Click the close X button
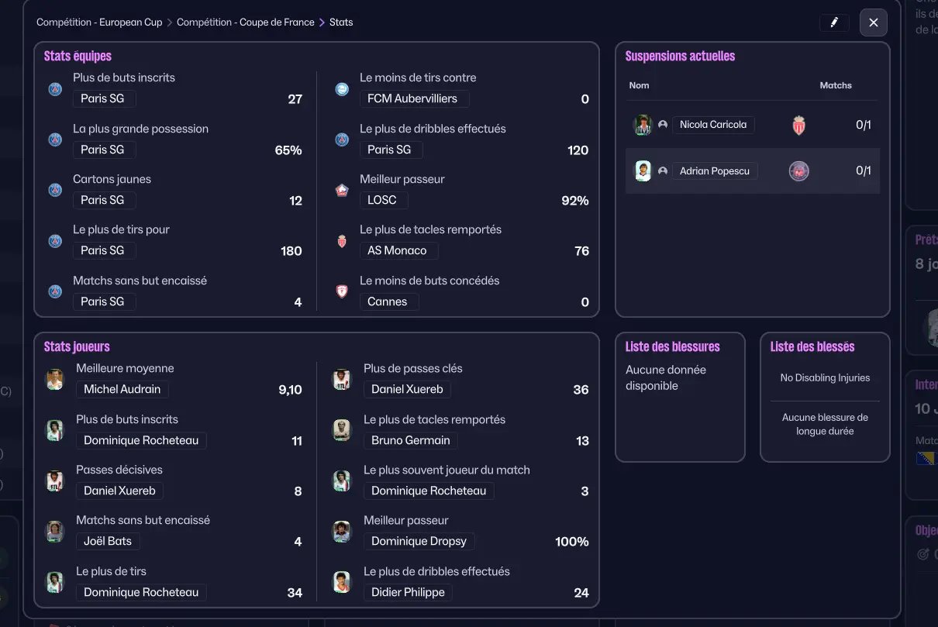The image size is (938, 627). pyautogui.click(x=873, y=22)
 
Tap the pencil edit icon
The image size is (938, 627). pyautogui.click(x=834, y=22)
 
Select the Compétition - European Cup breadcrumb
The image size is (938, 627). pyautogui.click(x=99, y=22)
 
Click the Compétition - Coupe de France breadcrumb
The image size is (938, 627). pyautogui.click(x=245, y=22)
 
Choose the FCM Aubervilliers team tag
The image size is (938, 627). pyautogui.click(x=414, y=99)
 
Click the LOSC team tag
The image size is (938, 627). pyautogui.click(x=383, y=200)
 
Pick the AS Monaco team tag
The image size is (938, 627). pyautogui.click(x=398, y=251)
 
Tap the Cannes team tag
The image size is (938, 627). pyautogui.click(x=388, y=302)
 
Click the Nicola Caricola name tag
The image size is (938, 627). pyautogui.click(x=713, y=125)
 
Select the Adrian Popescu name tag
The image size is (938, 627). pyautogui.click(x=715, y=171)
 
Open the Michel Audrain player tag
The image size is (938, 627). pyautogui.click(x=122, y=390)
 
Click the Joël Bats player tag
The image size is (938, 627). pyautogui.click(x=108, y=542)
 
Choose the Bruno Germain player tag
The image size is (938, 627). pyautogui.click(x=411, y=441)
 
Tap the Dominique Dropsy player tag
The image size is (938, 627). pyautogui.click(x=419, y=542)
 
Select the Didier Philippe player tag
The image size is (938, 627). pyautogui.click(x=408, y=593)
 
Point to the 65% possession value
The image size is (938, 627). pyautogui.click(x=288, y=150)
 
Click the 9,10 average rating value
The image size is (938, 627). pyautogui.click(x=290, y=390)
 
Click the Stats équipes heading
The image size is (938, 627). pyautogui.click(x=78, y=57)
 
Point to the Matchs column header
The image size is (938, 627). pyautogui.click(x=836, y=85)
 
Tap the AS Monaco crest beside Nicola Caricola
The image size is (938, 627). pyautogui.click(x=799, y=126)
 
